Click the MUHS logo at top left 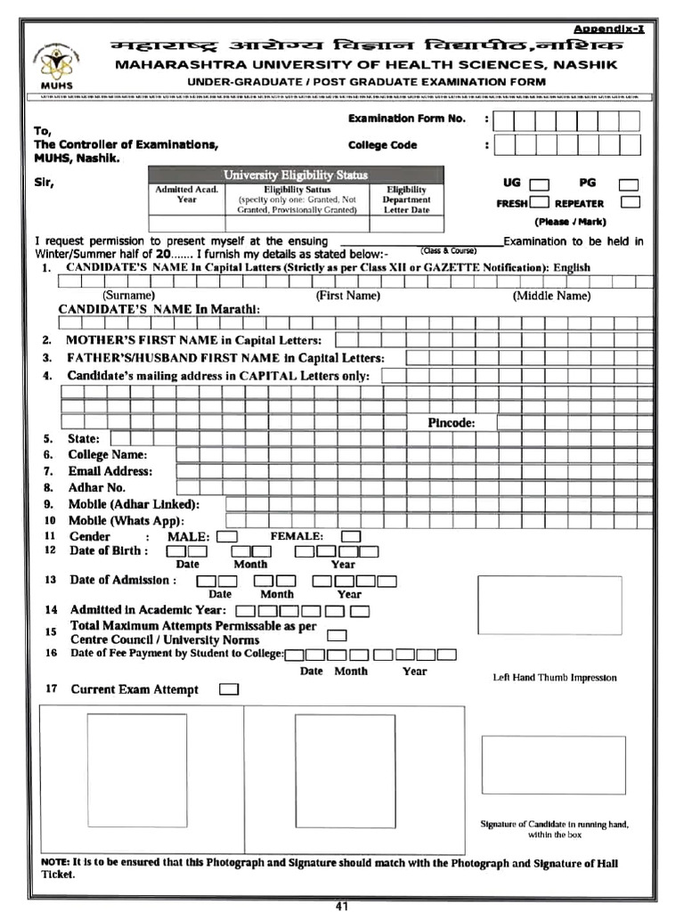point(56,64)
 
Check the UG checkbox point(539,185)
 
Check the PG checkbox point(629,185)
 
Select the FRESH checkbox point(539,202)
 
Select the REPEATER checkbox point(631,202)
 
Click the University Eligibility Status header point(296,175)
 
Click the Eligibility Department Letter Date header point(406,199)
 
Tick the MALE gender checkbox point(227,536)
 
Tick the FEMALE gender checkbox point(351,536)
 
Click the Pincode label point(451,422)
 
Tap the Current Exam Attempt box point(229,689)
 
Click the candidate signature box point(553,764)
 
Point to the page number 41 point(342,906)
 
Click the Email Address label point(110,471)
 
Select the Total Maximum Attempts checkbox point(337,635)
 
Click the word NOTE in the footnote point(55,863)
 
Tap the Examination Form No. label point(406,118)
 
